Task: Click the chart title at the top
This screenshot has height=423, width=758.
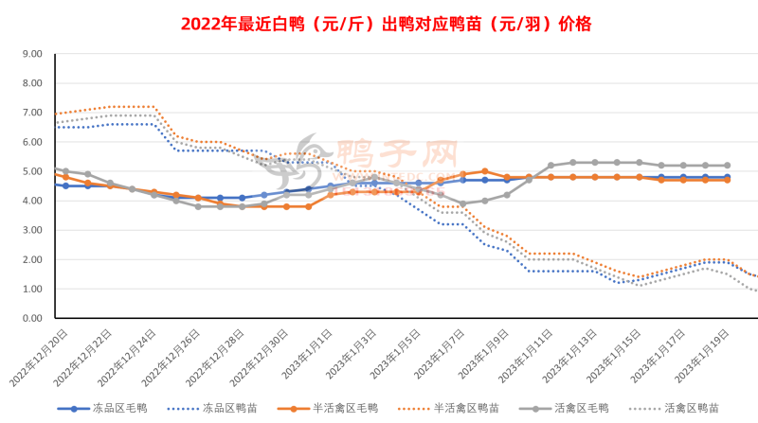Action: click(x=378, y=20)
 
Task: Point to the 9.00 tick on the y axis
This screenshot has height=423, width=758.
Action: click(x=30, y=54)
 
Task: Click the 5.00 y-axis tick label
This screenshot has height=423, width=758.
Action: click(x=30, y=171)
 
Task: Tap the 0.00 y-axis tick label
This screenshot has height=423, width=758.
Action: click(x=30, y=318)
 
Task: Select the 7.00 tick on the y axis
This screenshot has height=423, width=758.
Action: click(x=30, y=113)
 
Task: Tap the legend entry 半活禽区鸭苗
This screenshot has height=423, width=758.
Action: click(x=464, y=408)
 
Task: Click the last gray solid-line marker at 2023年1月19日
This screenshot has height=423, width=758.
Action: click(x=728, y=166)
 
